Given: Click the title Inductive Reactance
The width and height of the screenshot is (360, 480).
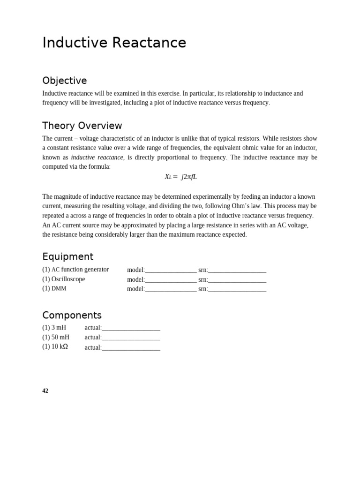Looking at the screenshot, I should pos(114,43).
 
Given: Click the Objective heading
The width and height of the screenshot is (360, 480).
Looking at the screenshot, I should pos(64,81).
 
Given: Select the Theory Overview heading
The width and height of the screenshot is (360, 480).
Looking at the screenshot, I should pos(82,126).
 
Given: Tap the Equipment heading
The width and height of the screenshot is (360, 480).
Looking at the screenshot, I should pos(67,256).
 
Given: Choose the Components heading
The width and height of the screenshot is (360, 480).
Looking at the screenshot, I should pos(72,315).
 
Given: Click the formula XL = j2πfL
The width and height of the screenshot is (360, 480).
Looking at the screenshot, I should pos(180,177).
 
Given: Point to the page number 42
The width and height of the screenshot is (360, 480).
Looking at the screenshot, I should pos(45,391).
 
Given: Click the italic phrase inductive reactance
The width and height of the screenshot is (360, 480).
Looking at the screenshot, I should pos(97,157).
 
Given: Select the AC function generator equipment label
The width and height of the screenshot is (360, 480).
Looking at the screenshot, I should pos(75,270).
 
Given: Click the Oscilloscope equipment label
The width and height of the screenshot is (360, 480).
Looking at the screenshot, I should pos(64,279).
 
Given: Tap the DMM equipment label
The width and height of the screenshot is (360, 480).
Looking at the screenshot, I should pos(54,289).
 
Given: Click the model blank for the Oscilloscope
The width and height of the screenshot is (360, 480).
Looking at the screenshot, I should pos(171,280).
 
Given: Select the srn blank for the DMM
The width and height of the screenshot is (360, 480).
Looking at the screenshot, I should pos(237,290).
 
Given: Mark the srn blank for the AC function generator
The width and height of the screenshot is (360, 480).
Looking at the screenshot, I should pos(237,270).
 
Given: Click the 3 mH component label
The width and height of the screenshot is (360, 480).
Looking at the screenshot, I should pos(54,328).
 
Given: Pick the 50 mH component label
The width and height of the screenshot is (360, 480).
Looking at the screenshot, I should pos(56,337).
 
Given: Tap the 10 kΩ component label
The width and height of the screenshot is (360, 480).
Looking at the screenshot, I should pos(55,347).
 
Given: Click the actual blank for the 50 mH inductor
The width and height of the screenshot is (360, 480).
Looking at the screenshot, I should pos(131,338).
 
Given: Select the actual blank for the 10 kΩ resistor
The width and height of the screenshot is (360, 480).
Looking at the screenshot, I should pos(131,348).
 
